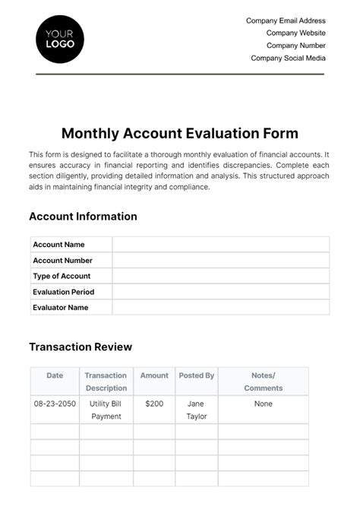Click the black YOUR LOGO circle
[60, 39]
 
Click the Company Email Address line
[286, 21]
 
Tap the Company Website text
[295, 33]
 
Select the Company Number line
[296, 46]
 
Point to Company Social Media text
[288, 58]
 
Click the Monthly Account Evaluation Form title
[179, 133]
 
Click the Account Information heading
[83, 217]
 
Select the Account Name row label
[58, 245]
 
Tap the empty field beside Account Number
[220, 261]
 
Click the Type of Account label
[62, 276]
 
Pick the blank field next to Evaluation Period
[220, 292]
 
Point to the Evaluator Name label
[61, 308]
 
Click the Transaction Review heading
[81, 347]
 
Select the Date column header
[55, 375]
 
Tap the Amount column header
[154, 375]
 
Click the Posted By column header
[196, 375]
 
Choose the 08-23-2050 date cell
[55, 404]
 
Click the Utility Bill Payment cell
[106, 410]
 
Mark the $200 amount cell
[154, 404]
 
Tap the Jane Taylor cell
[196, 410]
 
